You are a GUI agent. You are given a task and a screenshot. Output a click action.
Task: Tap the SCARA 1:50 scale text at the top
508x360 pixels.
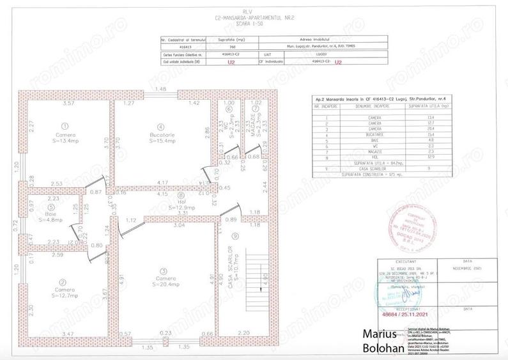pos(253,22)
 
